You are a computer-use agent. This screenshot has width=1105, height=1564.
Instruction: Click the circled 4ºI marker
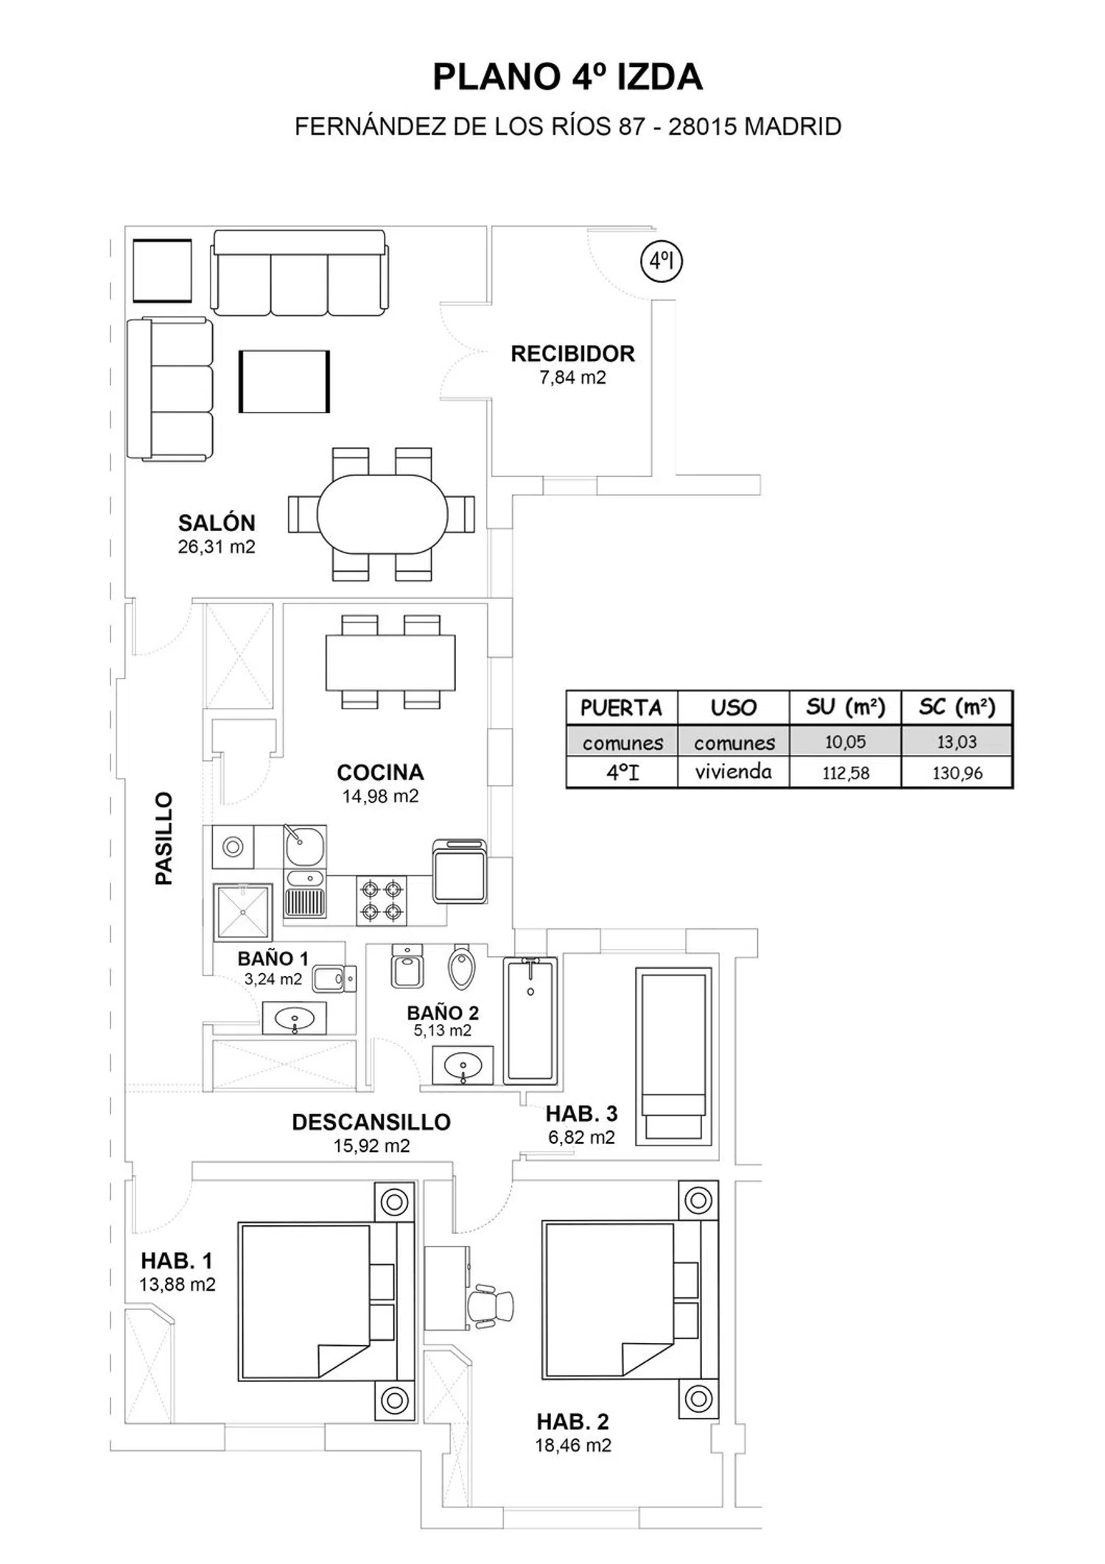(662, 261)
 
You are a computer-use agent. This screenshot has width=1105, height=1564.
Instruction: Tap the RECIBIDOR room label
(572, 354)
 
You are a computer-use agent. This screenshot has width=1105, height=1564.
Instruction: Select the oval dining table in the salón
(382, 513)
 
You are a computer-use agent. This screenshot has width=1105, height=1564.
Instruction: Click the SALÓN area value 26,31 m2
(216, 547)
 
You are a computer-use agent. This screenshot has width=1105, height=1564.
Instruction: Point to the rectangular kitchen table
(390, 662)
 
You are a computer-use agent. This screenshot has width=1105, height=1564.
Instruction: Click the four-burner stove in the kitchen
(382, 900)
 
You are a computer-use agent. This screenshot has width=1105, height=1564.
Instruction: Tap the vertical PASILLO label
(164, 838)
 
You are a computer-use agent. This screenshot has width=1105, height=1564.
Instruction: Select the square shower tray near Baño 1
(242, 912)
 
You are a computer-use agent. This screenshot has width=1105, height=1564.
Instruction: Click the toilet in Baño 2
(461, 967)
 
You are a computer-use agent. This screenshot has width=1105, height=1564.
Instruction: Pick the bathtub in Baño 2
(530, 1020)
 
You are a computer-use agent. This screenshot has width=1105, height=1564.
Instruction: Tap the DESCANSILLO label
(371, 1122)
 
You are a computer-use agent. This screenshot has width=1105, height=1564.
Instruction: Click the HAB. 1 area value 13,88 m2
(178, 1284)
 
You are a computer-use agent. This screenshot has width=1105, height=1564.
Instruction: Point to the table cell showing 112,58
(846, 773)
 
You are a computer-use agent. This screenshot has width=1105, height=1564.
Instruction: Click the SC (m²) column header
(957, 707)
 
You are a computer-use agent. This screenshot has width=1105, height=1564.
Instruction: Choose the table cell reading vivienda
(733, 771)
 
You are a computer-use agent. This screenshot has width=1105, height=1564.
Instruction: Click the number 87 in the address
(631, 127)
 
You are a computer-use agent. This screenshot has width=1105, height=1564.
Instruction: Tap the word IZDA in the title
(659, 77)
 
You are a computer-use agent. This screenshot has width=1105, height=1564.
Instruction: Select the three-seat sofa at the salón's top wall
(299, 273)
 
